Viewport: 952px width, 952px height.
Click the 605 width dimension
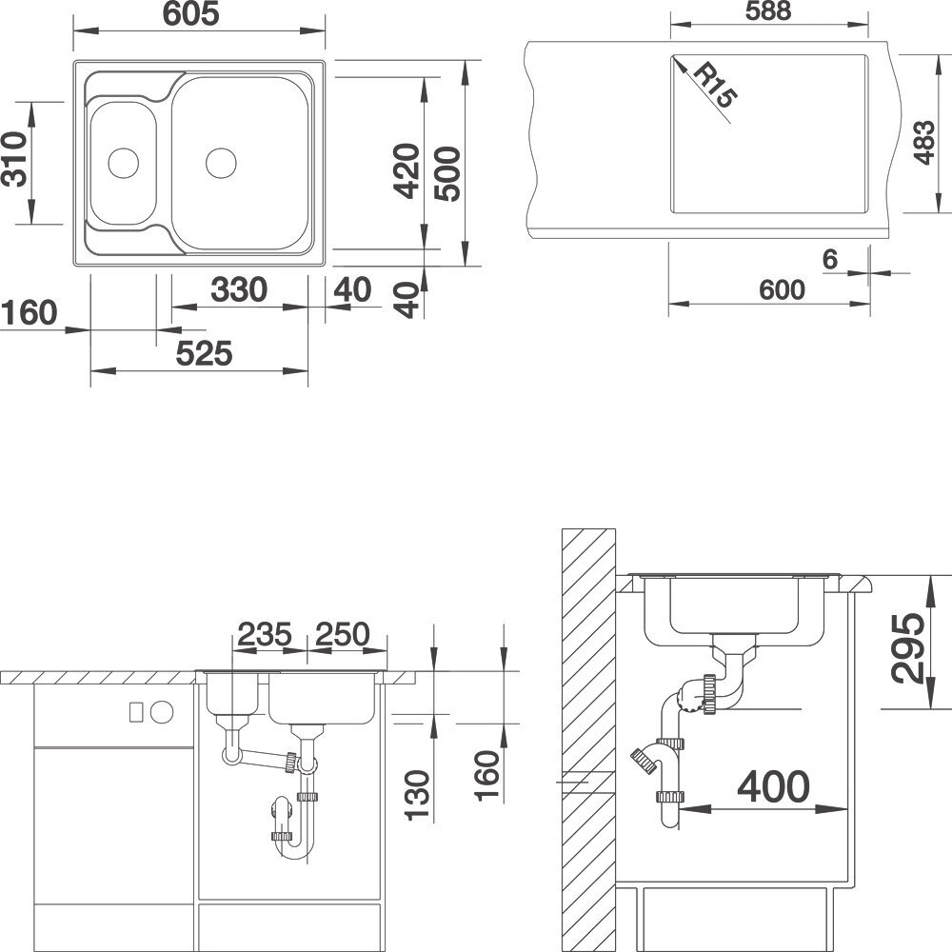(190, 14)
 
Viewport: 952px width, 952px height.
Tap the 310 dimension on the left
(14, 158)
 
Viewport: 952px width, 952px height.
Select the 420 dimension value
(407, 170)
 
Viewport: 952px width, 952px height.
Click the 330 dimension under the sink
(239, 289)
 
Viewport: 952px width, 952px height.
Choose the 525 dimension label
(204, 353)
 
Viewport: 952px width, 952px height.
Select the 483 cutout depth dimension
(923, 142)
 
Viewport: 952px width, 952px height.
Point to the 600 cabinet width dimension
(782, 289)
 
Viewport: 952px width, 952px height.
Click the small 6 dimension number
(830, 259)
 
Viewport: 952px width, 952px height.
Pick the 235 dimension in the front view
(265, 634)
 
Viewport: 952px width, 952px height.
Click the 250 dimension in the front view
(343, 634)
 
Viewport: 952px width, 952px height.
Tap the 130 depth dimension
(418, 795)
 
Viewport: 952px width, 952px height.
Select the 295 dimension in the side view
(907, 647)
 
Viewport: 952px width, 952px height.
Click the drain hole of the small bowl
(123, 163)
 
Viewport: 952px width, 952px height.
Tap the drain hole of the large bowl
(221, 164)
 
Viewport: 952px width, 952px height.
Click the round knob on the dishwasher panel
(162, 712)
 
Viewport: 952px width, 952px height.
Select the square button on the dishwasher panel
(136, 711)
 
